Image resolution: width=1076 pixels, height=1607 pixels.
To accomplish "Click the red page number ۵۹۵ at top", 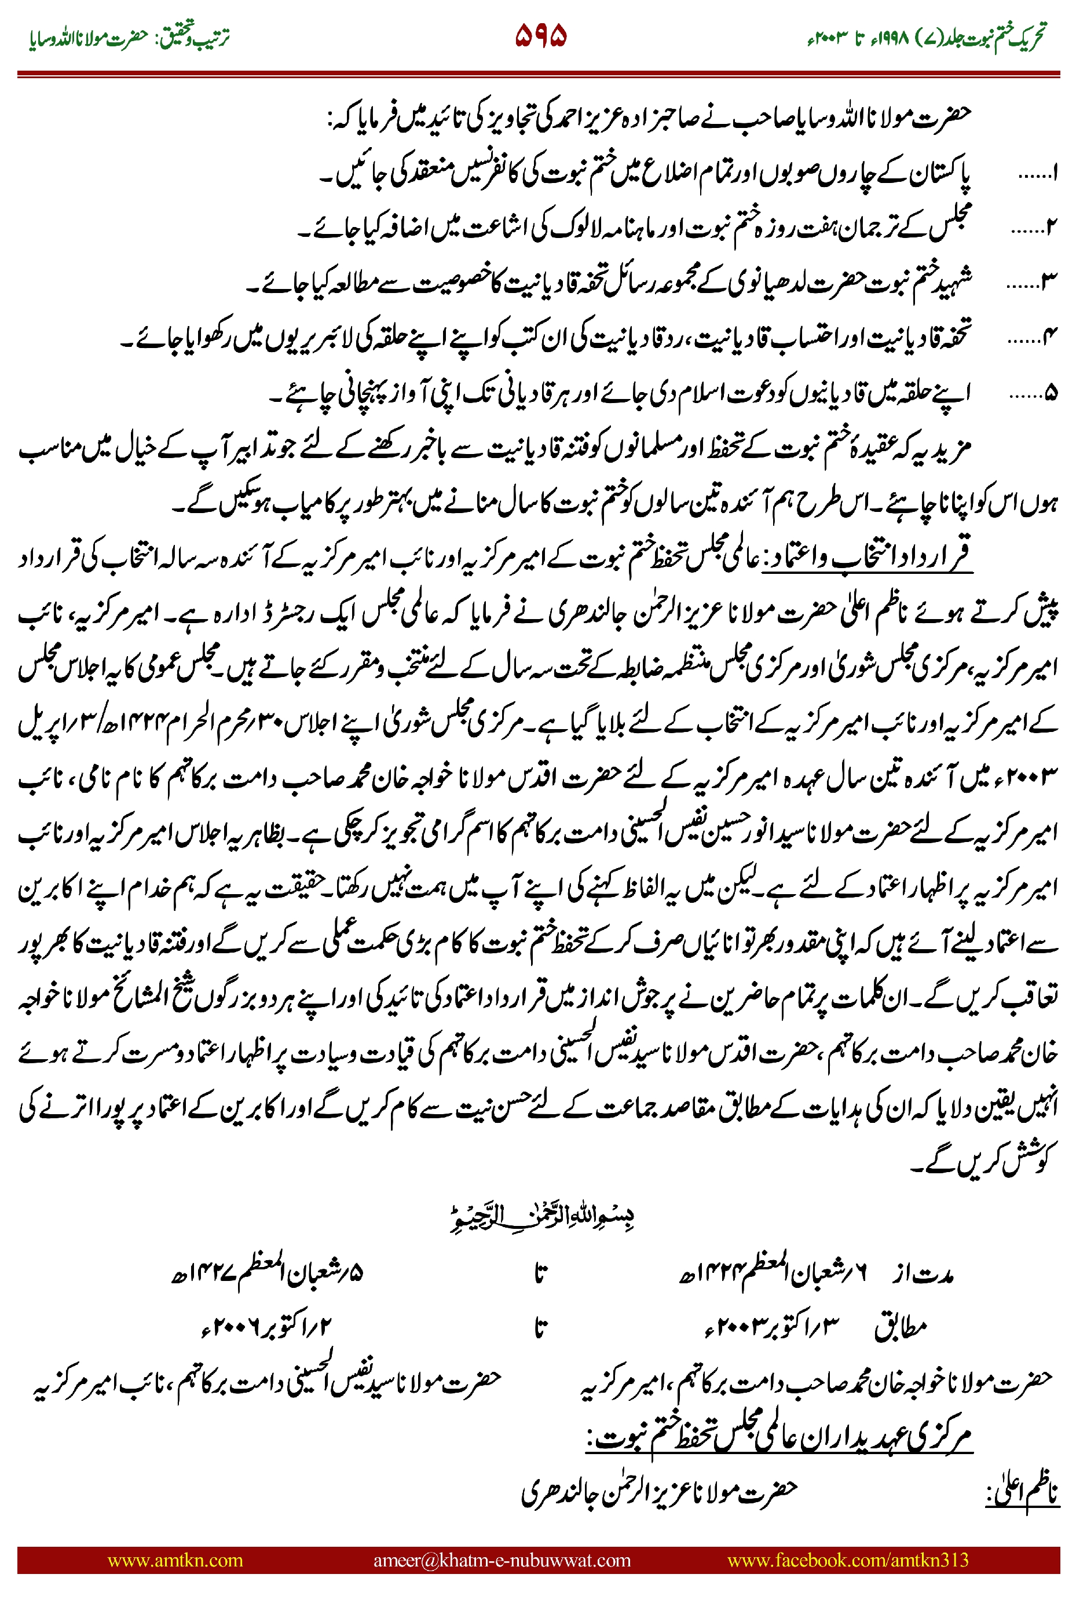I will (541, 36).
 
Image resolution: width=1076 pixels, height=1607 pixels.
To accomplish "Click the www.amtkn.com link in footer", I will (175, 1560).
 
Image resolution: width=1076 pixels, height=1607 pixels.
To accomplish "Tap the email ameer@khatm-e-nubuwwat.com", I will (502, 1560).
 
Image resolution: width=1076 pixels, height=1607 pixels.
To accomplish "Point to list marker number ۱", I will (1038, 173).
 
